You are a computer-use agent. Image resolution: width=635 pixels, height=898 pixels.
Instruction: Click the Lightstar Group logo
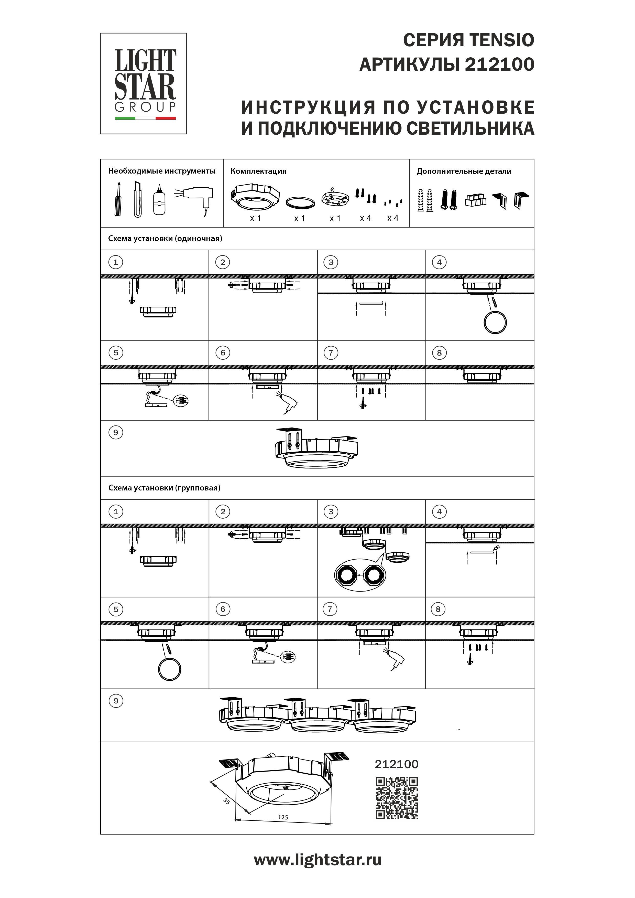click(144, 83)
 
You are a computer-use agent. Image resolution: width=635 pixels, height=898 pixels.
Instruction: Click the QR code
click(397, 798)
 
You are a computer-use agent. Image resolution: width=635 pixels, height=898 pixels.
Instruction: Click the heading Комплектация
click(258, 171)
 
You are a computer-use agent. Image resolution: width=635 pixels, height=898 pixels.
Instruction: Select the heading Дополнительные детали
click(464, 171)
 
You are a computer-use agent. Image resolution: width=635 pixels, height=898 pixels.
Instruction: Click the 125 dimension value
click(283, 817)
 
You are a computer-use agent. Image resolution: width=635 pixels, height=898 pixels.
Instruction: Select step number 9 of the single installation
click(115, 433)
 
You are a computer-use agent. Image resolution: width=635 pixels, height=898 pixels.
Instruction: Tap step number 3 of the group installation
click(331, 511)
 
